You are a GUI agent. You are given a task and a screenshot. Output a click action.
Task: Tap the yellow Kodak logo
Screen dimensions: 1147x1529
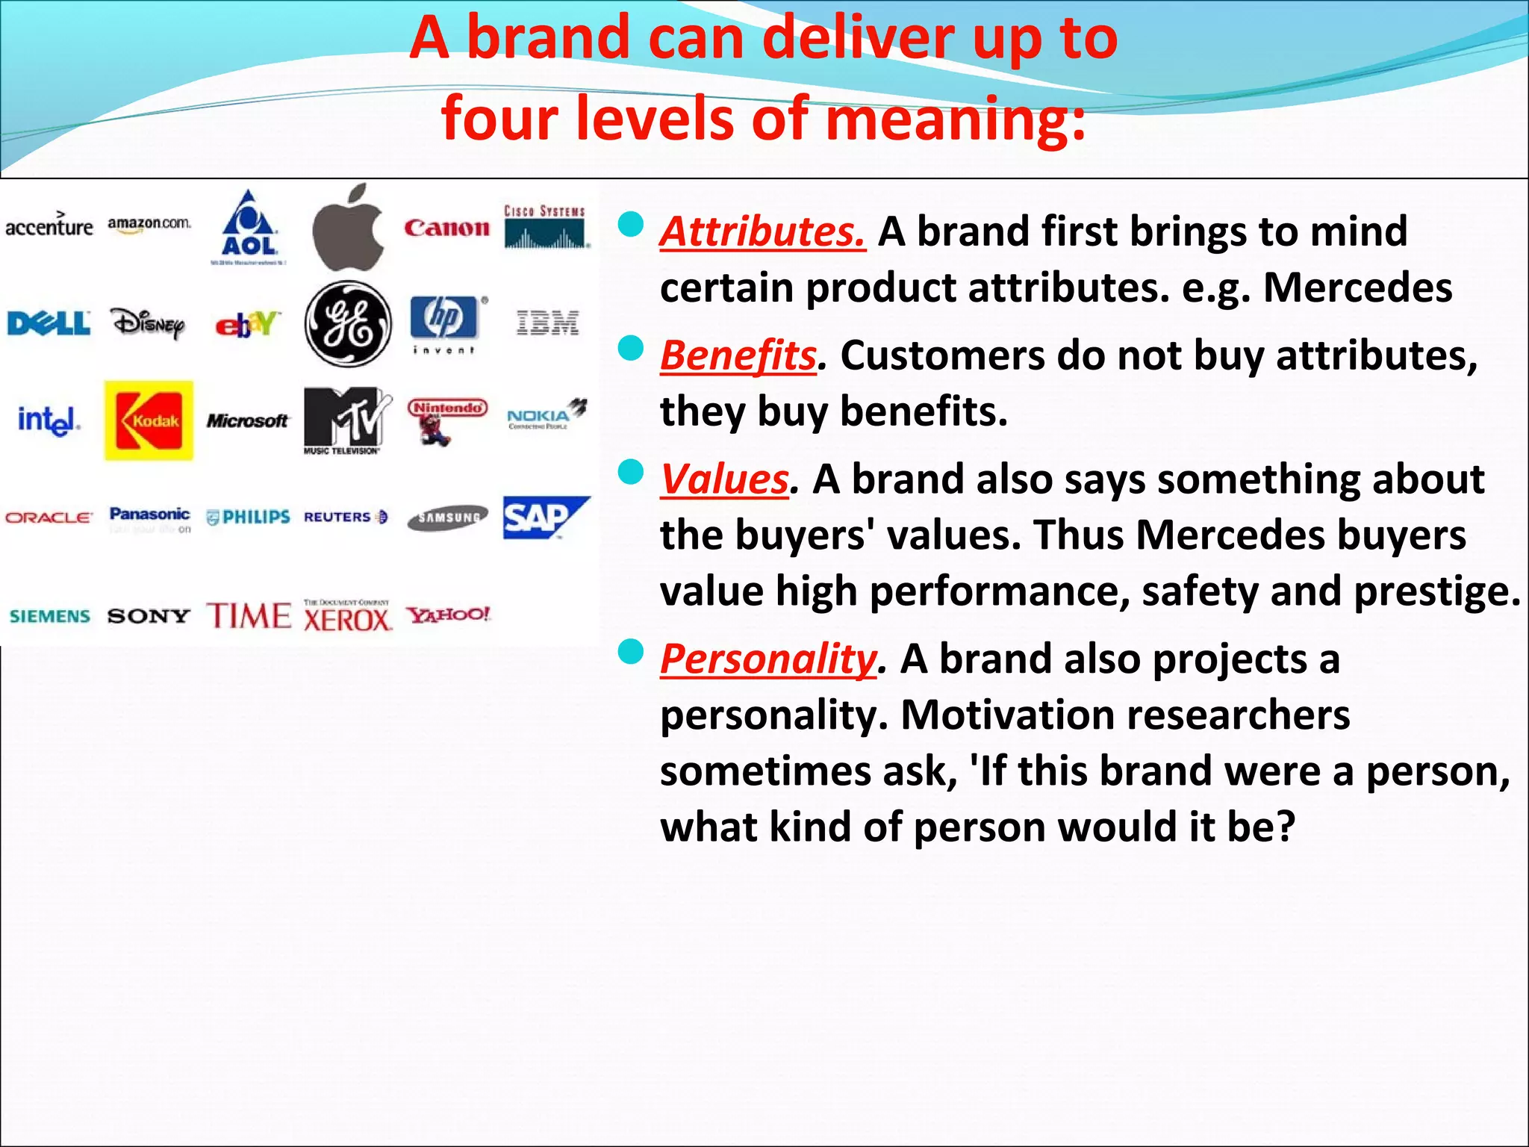149,420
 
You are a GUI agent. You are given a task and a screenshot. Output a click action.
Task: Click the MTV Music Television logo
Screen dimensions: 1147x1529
346,419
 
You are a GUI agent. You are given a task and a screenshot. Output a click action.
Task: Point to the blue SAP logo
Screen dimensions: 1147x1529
544,517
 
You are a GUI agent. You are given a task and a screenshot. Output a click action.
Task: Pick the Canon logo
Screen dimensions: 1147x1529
446,228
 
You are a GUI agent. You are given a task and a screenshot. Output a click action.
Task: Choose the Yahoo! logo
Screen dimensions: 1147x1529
448,615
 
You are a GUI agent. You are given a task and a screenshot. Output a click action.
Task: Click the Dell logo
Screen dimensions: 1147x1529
49,324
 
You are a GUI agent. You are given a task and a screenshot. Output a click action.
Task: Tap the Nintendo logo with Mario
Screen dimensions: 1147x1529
446,420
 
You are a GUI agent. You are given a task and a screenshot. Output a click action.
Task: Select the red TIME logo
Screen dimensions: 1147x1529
249,616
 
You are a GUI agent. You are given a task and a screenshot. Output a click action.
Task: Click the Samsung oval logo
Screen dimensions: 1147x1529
447,517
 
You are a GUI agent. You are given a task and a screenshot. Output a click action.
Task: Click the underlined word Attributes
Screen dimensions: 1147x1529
762,231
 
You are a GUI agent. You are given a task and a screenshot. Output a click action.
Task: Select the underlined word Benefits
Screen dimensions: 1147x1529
738,355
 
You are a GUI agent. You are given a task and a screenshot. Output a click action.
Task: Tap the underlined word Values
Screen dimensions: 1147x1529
724,479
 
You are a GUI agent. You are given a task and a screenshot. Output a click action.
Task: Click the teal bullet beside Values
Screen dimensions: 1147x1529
631,472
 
